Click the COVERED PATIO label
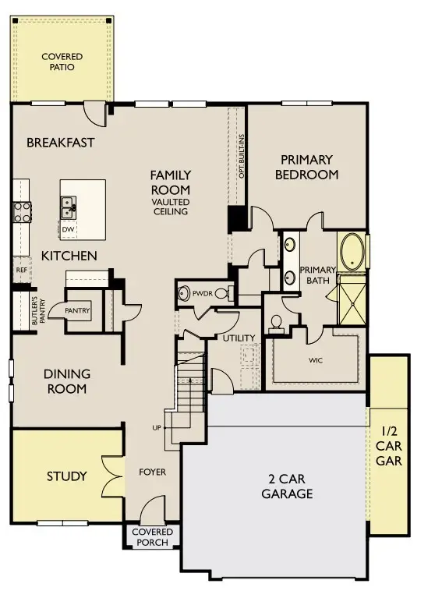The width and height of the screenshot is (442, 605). coord(62,62)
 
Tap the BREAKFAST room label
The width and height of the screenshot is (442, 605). coord(60,143)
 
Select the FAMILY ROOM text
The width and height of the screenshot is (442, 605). coord(171,182)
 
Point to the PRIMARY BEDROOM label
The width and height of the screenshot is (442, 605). coord(306,167)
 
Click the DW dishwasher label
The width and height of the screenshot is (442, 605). coord(68,230)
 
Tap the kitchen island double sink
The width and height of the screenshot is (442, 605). coord(69,207)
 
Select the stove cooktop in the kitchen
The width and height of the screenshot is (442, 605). coord(21,211)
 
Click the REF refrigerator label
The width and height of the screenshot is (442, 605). coord(21,270)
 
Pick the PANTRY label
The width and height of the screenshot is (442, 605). coord(78,311)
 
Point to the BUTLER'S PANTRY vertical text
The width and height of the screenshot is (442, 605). coord(34,311)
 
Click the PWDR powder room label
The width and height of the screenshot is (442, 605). coord(203,294)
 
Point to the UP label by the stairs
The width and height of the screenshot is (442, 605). coord(157,428)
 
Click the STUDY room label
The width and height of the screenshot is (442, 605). coord(66,476)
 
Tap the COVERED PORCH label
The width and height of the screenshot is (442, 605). coord(152,537)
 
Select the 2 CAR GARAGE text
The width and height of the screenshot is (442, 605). coord(287,486)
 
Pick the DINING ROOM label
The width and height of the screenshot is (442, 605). coord(65,381)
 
